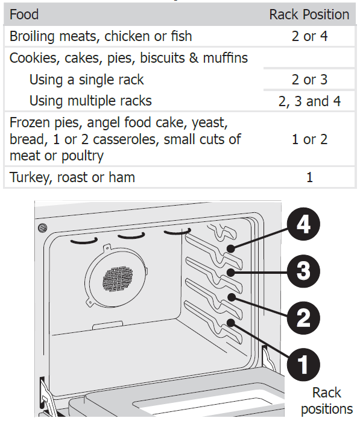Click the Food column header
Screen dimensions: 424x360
tap(24, 14)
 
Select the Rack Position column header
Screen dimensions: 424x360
tap(309, 14)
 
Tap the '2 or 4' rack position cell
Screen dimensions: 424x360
tap(309, 36)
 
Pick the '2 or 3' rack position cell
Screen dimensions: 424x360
tap(309, 80)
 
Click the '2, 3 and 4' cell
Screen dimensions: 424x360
tap(309, 101)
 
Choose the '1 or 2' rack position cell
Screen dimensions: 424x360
tap(309, 139)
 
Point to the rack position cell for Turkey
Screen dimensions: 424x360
tap(309, 177)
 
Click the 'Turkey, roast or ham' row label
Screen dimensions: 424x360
tap(72, 177)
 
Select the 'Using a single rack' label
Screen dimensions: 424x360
tap(86, 80)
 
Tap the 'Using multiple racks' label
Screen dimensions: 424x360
tap(90, 101)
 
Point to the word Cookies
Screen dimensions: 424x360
tap(30, 58)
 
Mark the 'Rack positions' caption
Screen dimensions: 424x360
tap(326, 400)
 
